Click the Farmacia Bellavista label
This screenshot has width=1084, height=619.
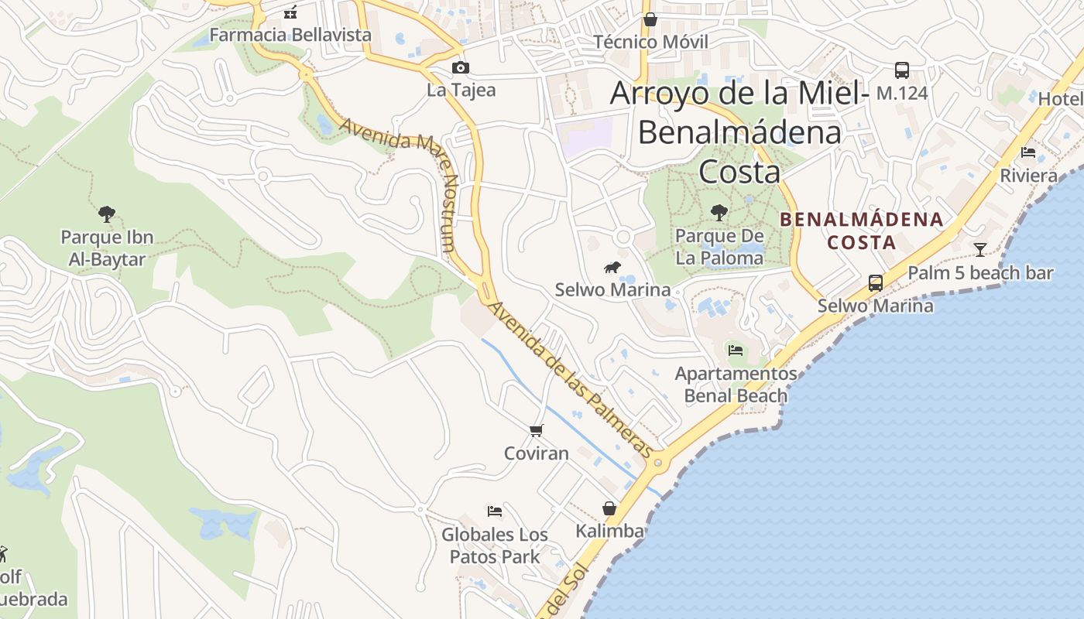(x=290, y=35)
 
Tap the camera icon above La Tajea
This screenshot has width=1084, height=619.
(x=461, y=68)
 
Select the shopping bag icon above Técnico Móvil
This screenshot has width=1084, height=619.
(x=650, y=19)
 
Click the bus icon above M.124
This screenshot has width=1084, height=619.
(x=902, y=70)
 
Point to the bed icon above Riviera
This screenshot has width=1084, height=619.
(x=1028, y=152)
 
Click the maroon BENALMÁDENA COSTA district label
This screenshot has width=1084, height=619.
(x=862, y=231)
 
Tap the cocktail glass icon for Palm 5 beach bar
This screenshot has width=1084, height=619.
(x=980, y=249)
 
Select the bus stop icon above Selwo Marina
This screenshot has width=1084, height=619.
(x=876, y=283)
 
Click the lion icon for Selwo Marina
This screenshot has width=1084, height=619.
(x=612, y=268)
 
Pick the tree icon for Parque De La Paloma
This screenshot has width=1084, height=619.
(x=719, y=212)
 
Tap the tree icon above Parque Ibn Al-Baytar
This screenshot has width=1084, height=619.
(x=107, y=214)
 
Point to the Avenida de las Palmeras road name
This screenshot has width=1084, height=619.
(x=571, y=379)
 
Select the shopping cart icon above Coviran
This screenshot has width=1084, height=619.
(x=537, y=430)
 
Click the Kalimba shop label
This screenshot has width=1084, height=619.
(x=609, y=531)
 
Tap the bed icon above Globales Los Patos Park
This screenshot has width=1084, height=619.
(x=495, y=511)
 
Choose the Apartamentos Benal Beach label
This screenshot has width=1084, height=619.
(x=736, y=385)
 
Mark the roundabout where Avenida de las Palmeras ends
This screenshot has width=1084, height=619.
(x=658, y=463)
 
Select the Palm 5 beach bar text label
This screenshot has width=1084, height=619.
(x=980, y=273)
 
